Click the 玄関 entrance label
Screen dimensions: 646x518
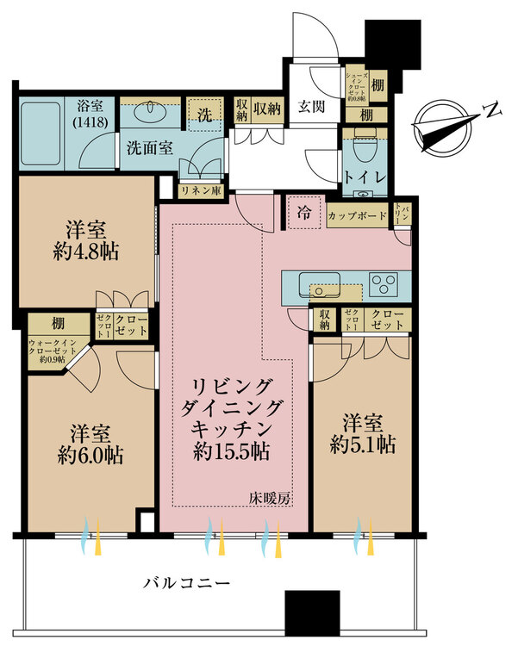(312, 109)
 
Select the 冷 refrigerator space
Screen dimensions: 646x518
(303, 212)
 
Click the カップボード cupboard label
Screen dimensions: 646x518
(358, 216)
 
